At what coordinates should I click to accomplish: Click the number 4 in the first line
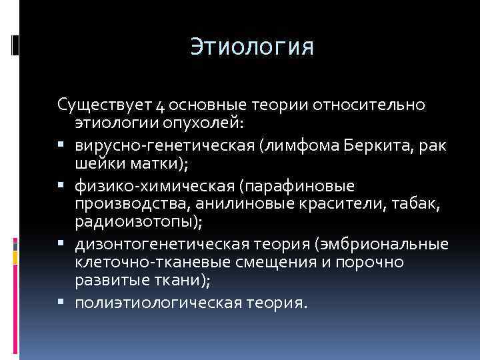click(161, 107)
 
